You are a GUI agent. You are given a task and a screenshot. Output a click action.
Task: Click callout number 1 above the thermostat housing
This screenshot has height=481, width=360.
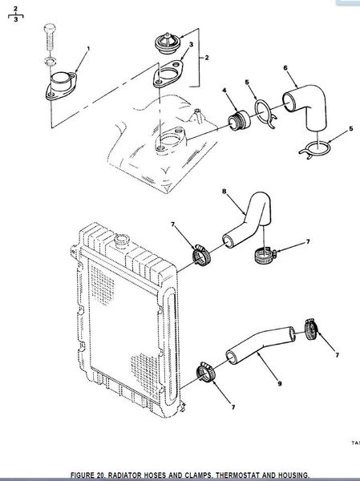(x=88, y=48)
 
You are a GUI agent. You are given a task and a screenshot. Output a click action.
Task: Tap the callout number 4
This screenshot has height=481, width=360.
(x=224, y=90)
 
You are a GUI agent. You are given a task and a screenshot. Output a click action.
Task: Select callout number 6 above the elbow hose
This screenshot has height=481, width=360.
(x=285, y=67)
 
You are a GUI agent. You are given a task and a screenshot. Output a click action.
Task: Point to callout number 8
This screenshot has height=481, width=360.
(x=224, y=192)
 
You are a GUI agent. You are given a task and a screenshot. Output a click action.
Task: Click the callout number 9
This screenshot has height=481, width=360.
(x=280, y=383)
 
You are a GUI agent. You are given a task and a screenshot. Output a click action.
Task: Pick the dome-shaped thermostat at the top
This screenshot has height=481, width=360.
(x=167, y=43)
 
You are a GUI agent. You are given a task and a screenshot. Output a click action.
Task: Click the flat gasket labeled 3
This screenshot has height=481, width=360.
(x=168, y=74)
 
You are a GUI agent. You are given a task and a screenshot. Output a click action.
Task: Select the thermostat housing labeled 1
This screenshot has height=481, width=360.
(x=61, y=86)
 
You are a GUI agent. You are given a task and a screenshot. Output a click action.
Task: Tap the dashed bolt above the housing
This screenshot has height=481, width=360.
(x=50, y=37)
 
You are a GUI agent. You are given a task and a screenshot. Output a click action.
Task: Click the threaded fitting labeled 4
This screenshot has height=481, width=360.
(x=240, y=120)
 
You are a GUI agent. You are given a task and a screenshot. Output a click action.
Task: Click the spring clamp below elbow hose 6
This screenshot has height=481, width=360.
(x=315, y=149)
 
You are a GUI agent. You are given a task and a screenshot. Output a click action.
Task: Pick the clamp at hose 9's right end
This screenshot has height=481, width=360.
(x=311, y=329)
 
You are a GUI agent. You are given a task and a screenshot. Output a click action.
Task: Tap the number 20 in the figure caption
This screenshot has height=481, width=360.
(x=100, y=475)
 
